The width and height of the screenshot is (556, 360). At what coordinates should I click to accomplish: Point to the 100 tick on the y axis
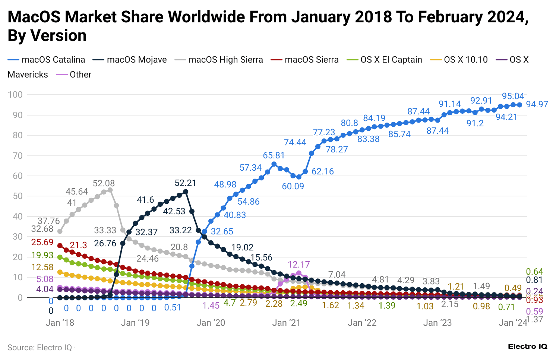[x=15, y=95]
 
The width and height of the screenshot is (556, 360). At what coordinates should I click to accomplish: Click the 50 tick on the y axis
[x=18, y=196]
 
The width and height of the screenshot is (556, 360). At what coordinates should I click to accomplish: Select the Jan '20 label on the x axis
[x=211, y=323]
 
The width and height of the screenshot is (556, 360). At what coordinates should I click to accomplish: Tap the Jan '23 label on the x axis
[x=437, y=323]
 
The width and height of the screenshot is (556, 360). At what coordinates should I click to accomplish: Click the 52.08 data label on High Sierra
[x=104, y=183]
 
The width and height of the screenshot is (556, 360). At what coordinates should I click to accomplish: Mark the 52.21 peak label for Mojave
[x=185, y=183]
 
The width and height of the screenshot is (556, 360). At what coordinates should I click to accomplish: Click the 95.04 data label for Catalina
[x=513, y=96]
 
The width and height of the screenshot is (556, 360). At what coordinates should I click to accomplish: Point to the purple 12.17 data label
[x=298, y=265]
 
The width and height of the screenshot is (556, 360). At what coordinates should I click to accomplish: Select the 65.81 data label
[x=274, y=155]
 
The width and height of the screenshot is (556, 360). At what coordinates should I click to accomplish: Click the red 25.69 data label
[x=42, y=242]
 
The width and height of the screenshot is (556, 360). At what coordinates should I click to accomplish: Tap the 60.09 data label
[x=293, y=186]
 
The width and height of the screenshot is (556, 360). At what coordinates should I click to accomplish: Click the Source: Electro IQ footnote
[x=40, y=348]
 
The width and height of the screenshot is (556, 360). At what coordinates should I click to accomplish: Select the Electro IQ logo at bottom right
[x=527, y=347]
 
